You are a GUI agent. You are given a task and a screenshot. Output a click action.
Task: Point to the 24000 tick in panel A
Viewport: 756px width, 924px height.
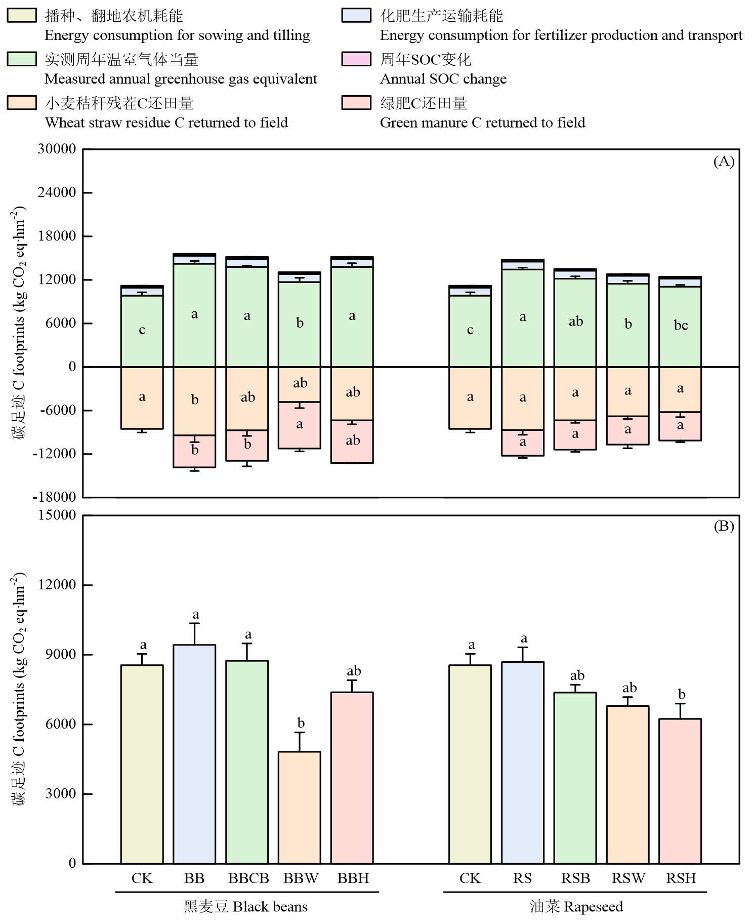coord(57,192)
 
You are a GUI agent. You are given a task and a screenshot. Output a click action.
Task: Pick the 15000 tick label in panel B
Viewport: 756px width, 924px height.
coord(57,515)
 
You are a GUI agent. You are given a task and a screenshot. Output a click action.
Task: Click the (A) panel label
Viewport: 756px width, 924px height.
coord(724,162)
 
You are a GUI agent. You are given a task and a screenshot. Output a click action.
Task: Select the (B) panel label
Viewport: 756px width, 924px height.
coord(724,527)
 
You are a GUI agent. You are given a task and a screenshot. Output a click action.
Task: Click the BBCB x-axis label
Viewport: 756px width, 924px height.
coord(248,878)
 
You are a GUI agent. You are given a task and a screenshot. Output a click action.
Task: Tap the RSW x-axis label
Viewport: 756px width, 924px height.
coord(628,878)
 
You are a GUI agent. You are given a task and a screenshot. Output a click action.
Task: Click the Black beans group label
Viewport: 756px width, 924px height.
coord(245,907)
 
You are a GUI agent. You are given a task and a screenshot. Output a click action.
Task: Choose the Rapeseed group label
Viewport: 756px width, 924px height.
coord(576,907)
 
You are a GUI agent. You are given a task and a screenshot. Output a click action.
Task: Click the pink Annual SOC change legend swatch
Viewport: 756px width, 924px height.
coord(356,59)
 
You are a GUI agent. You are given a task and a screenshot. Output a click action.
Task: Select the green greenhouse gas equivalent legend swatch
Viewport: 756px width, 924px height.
coord(22,59)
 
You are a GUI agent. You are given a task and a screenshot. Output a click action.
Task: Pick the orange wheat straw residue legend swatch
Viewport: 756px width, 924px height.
coord(22,103)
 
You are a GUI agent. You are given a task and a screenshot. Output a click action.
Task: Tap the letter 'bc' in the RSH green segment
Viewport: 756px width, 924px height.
coord(681,326)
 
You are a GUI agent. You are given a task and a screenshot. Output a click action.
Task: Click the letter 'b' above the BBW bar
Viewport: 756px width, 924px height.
coord(301,723)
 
